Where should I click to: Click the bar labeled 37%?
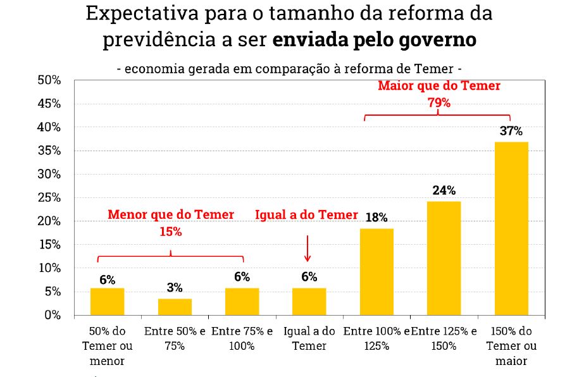pos(511,228)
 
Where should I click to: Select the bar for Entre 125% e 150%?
pos(444,258)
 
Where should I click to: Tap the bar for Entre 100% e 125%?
pos(376,271)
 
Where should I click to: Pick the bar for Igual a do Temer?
pos(309,301)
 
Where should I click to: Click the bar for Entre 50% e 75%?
pos(175,307)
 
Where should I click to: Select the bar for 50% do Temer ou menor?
pos(107,301)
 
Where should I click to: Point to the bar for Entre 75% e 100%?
pos(242,301)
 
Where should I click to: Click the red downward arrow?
pos(308,248)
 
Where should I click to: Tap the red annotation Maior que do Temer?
pos(438,86)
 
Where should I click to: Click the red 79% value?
pos(438,102)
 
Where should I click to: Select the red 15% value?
pos(170,232)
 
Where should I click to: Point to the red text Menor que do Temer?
pos(170,215)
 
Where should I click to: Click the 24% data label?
pos(444,190)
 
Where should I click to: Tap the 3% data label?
pos(175,288)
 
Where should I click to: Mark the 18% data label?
pos(376,218)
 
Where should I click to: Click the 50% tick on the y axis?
pos(49,80)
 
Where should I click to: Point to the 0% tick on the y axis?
pos(52,315)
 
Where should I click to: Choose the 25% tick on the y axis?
pos(49,198)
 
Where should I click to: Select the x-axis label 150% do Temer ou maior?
pos(511,346)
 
